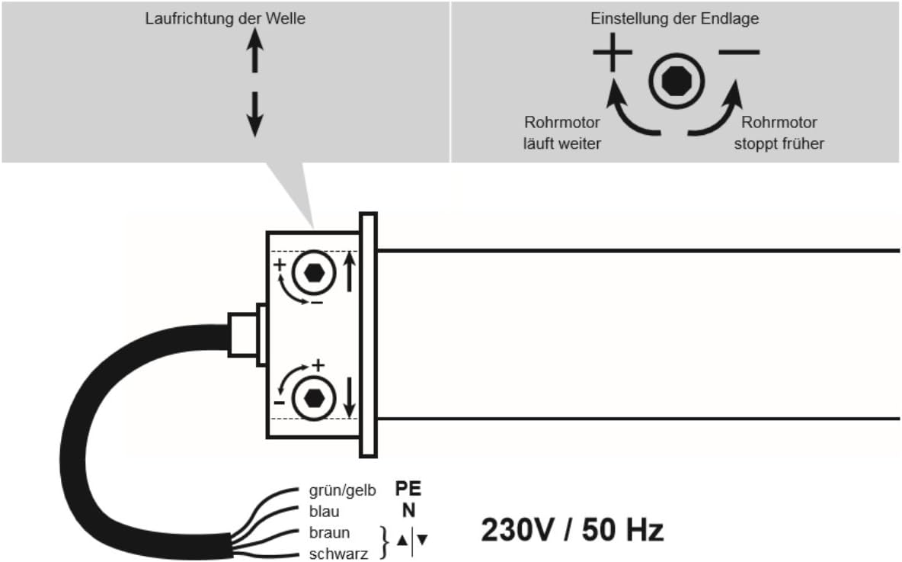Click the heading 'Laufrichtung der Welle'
(x=225, y=18)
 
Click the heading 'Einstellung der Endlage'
(x=674, y=18)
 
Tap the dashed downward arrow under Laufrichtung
(x=255, y=114)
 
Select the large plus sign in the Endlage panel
(x=613, y=52)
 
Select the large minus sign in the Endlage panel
(x=739, y=53)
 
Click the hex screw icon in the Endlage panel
(x=676, y=81)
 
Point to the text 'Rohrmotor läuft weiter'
(x=562, y=133)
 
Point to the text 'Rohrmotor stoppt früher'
(x=779, y=133)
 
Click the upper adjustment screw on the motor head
(x=314, y=273)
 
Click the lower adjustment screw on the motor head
(x=314, y=397)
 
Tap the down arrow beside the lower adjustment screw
(x=349, y=397)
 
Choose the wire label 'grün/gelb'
(x=342, y=490)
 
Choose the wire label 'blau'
(x=324, y=512)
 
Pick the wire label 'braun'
(x=329, y=532)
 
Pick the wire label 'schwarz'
(x=338, y=554)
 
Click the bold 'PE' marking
(x=408, y=489)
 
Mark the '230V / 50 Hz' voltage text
(x=572, y=530)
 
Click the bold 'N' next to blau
(x=408, y=510)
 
